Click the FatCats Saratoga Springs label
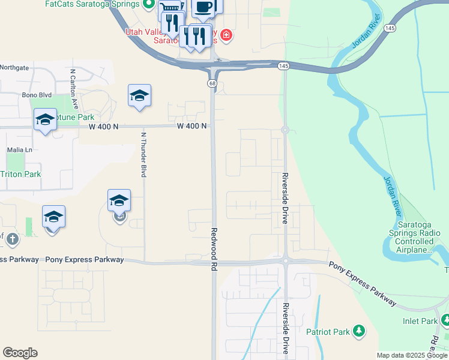click(x=92, y=4)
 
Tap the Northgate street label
click(x=14, y=68)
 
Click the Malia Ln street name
click(x=20, y=149)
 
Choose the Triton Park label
click(x=20, y=175)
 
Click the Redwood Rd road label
click(x=213, y=248)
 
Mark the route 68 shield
click(x=213, y=83)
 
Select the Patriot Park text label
click(x=328, y=332)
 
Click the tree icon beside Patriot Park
click(x=358, y=331)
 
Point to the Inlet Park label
click(x=421, y=321)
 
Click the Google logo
click(x=20, y=353)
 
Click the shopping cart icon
click(x=172, y=6)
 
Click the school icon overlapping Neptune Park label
click(x=45, y=119)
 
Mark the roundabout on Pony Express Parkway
click(x=285, y=260)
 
